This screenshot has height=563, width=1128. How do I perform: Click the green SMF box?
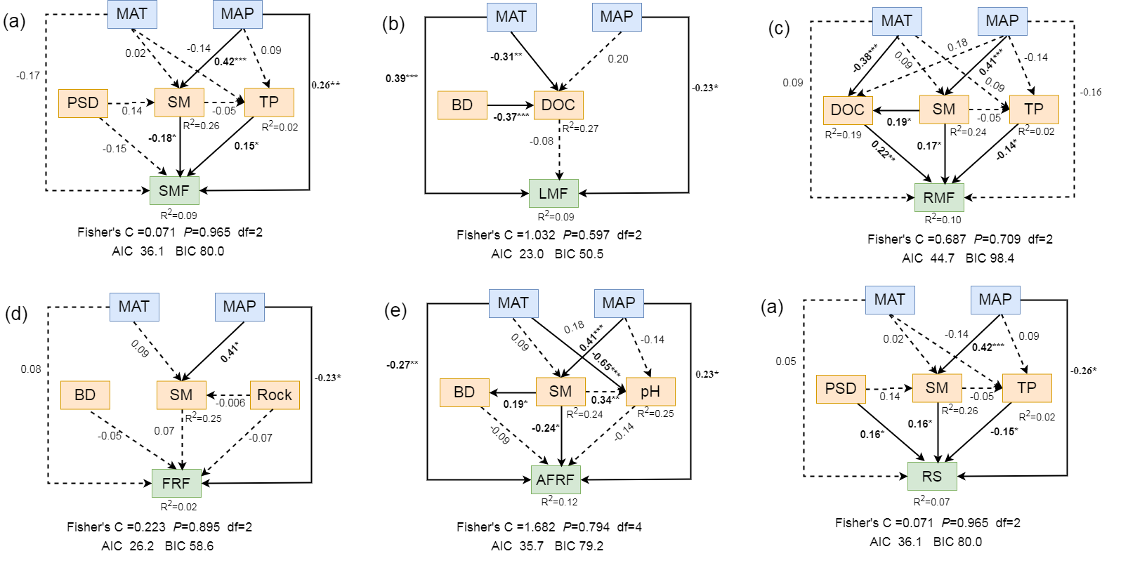[174, 190]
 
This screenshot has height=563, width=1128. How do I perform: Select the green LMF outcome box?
[553, 193]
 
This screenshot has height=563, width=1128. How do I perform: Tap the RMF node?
[939, 197]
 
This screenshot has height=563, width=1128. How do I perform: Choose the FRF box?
[176, 483]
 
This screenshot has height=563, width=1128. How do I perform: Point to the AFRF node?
[556, 479]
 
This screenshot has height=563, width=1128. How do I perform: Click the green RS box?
[932, 476]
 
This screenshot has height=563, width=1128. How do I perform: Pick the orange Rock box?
[275, 395]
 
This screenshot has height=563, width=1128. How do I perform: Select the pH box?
[650, 392]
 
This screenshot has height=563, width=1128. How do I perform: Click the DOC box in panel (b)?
[558, 105]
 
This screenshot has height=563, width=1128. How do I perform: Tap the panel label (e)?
[395, 310]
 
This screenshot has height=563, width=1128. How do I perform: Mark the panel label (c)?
[779, 28]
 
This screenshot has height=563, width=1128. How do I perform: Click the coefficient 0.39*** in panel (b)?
[401, 78]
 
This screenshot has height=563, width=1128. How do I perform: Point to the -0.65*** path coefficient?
[605, 362]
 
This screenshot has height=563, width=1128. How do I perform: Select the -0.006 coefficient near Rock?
[231, 403]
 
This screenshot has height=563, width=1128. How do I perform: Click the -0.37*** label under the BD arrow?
[511, 117]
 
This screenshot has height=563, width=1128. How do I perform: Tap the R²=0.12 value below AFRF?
[559, 501]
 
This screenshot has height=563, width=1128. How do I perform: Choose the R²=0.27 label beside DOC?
[580, 128]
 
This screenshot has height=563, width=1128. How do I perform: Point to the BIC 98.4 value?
[990, 258]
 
